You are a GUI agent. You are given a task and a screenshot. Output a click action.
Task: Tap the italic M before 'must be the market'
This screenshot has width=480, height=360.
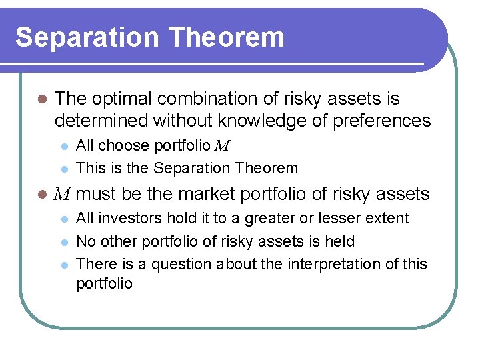point(62,195)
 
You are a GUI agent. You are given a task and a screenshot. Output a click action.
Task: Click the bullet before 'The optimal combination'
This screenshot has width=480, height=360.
point(41,99)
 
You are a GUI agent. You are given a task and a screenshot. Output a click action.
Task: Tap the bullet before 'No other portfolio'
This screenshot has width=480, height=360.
point(64,241)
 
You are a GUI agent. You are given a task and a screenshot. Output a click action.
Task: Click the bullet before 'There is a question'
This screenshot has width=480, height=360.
point(64,264)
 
